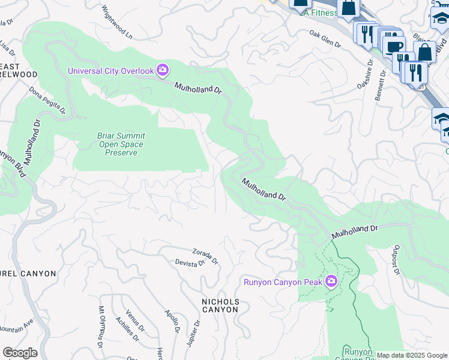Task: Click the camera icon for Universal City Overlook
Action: (x=163, y=71)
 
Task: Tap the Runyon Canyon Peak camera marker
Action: (x=331, y=281)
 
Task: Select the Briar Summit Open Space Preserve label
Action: (x=121, y=144)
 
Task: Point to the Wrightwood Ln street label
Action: (x=116, y=23)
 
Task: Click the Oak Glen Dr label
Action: (x=325, y=39)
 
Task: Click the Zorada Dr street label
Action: (x=205, y=256)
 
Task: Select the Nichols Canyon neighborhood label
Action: (x=220, y=305)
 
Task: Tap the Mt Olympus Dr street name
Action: (x=101, y=326)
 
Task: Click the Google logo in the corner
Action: (x=20, y=353)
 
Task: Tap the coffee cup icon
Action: (x=393, y=47)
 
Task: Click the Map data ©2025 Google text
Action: (x=412, y=355)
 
